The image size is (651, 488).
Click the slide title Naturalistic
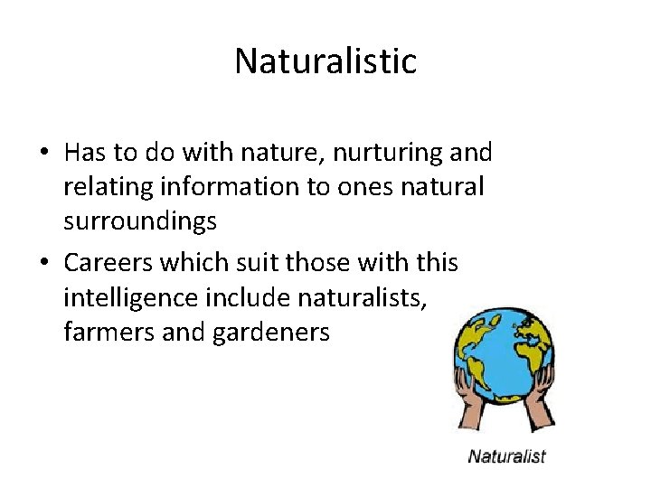325,61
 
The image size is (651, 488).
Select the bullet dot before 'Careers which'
43,264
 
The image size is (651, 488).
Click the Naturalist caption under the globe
506,455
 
